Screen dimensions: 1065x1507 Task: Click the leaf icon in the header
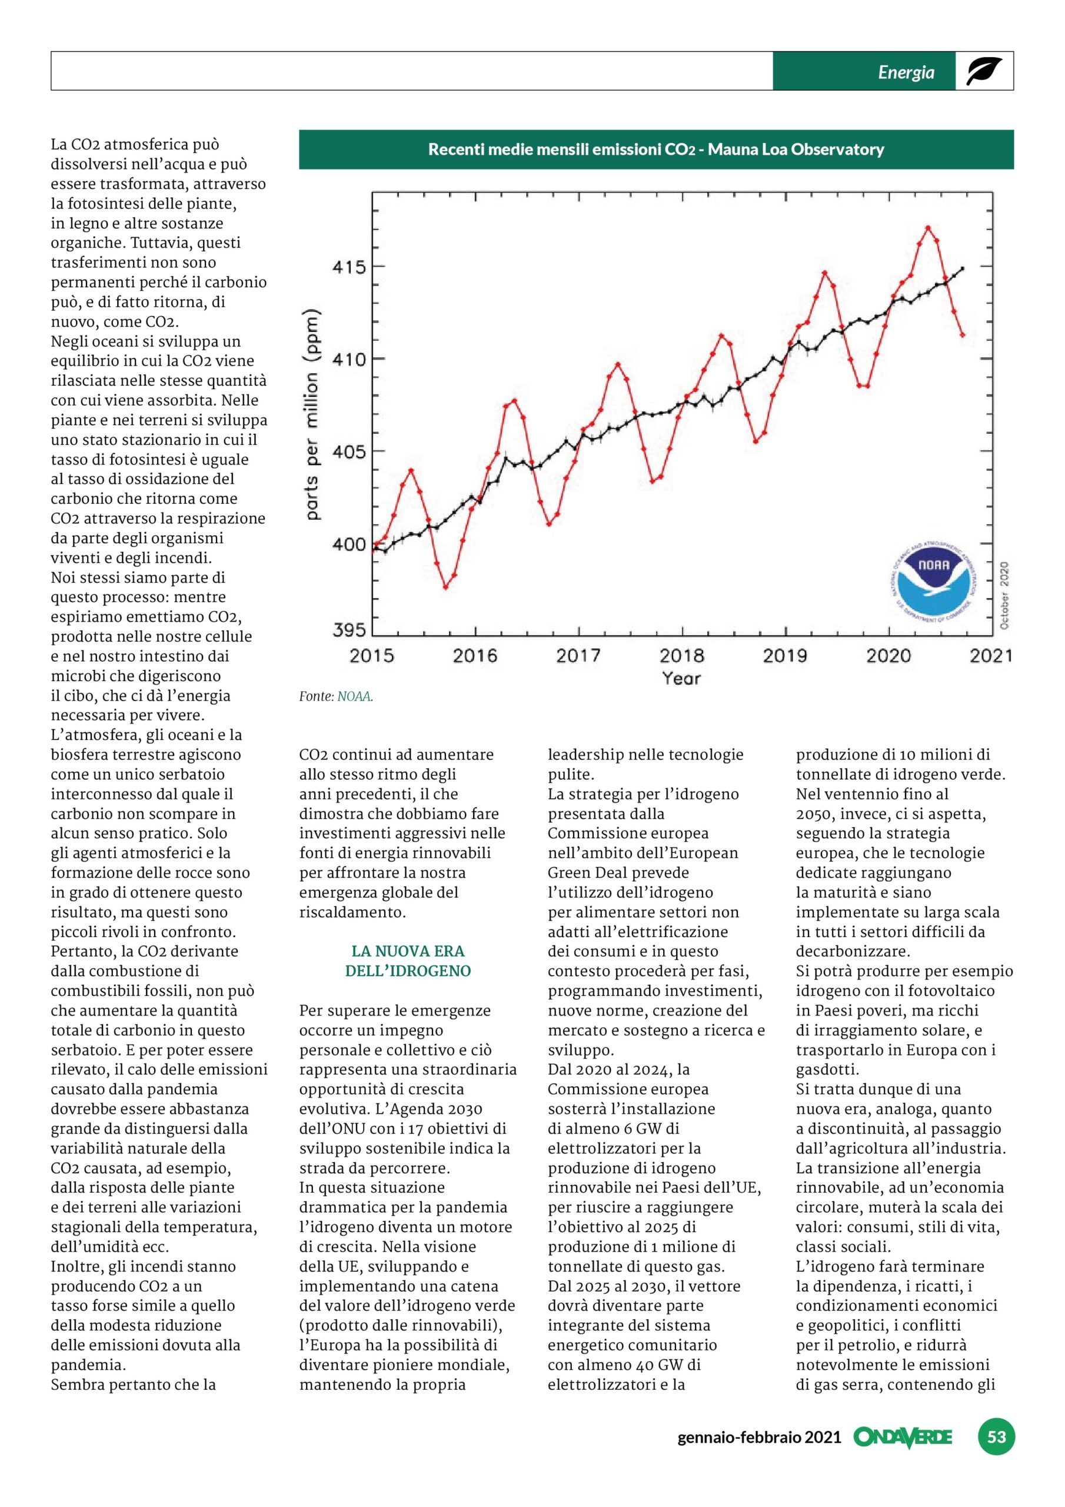coord(984,71)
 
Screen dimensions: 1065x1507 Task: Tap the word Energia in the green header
coord(906,72)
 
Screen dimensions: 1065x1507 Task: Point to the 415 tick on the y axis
coord(349,268)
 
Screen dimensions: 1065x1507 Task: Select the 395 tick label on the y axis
coord(349,630)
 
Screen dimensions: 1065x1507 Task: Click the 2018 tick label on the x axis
coord(682,655)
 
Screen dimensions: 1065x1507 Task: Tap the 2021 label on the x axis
coord(991,655)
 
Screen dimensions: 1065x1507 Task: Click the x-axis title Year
coord(681,678)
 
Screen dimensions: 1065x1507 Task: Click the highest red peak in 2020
coord(928,228)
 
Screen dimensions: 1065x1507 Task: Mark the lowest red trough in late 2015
coord(445,587)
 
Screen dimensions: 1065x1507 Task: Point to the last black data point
coord(962,268)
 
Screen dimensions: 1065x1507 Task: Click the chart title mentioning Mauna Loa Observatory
coord(656,150)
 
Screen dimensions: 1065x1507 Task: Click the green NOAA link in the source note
coord(354,696)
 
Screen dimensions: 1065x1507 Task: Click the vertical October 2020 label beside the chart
coord(1004,595)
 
